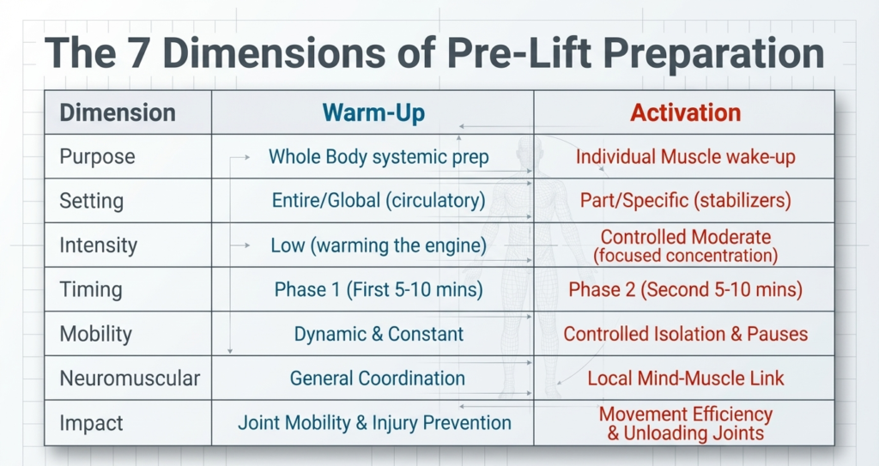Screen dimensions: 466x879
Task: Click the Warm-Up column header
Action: point(373,112)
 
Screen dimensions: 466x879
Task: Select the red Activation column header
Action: point(685,112)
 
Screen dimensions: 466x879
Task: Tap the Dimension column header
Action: point(118,112)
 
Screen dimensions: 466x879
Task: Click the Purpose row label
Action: point(97,157)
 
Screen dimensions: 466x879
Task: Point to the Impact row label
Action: point(91,423)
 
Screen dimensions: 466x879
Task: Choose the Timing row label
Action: point(91,290)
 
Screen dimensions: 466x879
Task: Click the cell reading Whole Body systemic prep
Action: point(379,157)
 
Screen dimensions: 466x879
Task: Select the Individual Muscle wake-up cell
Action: point(685,157)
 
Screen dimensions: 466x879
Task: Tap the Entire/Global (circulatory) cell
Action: point(379,201)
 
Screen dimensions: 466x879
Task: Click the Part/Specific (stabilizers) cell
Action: point(685,201)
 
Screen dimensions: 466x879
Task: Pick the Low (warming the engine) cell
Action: point(379,245)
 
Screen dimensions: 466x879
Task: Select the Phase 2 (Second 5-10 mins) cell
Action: point(685,290)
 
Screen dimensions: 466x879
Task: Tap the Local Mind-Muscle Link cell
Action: point(685,378)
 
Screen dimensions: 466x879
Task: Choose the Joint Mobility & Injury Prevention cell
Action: point(374,423)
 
